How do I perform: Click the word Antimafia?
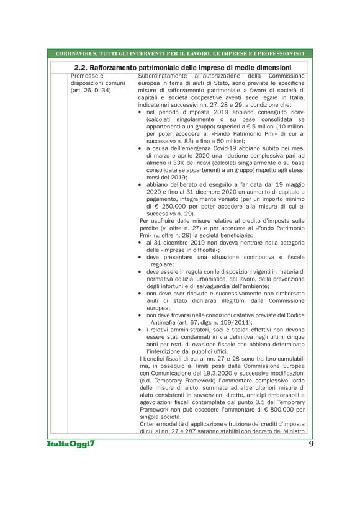163,322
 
